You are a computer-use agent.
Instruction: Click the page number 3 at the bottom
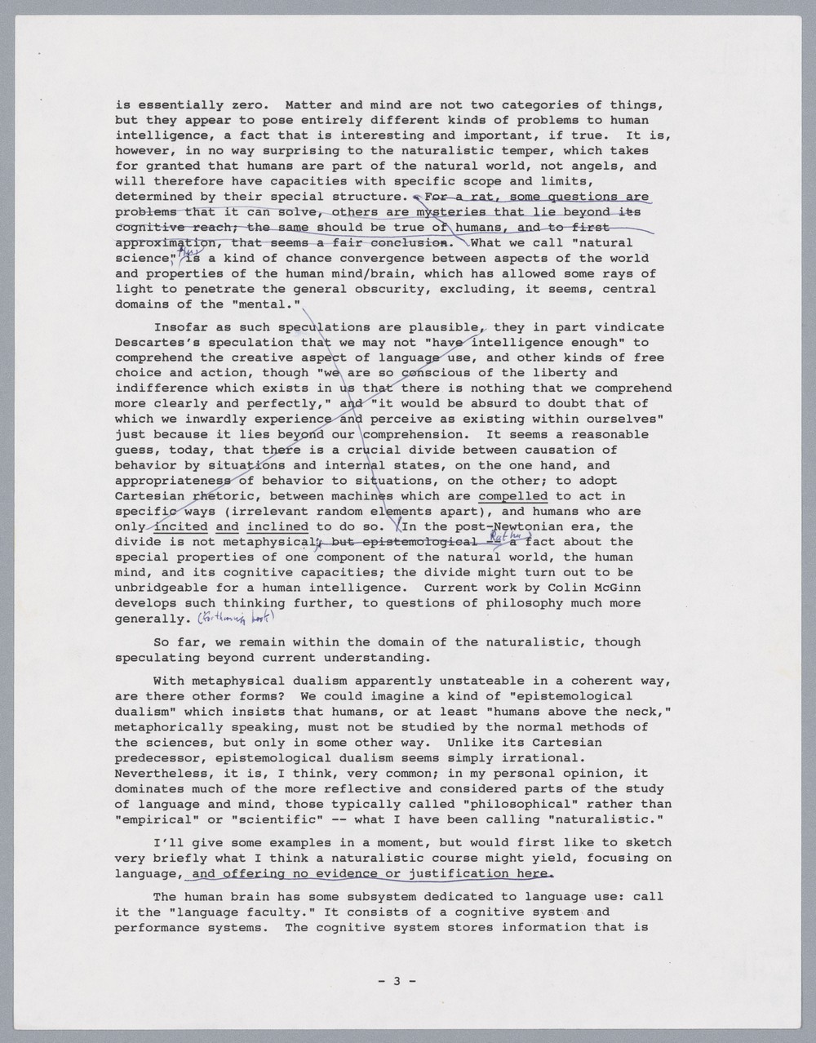click(397, 981)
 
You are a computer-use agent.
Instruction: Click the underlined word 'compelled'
click(512, 496)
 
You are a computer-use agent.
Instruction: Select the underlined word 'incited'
click(180, 526)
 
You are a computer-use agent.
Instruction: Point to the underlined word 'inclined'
click(277, 526)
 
